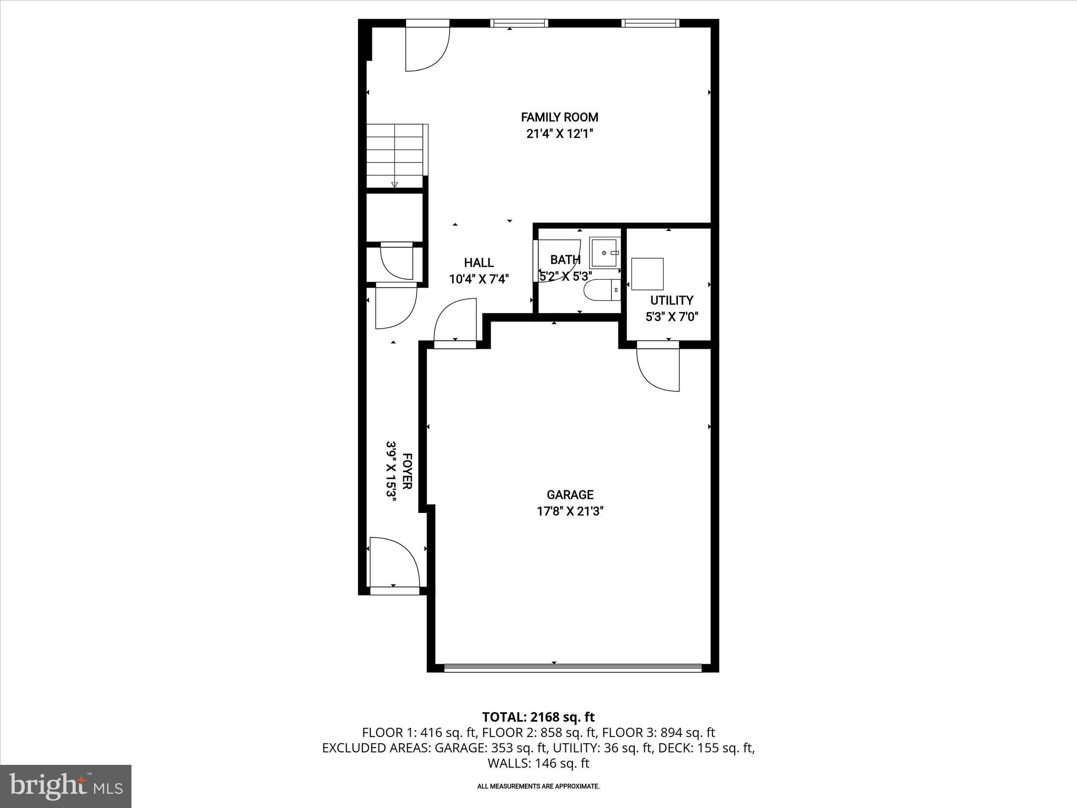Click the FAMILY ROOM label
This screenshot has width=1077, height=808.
(x=560, y=117)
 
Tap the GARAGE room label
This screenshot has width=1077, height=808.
(x=570, y=494)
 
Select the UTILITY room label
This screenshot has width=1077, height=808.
(x=672, y=300)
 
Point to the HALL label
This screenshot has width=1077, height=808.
(x=479, y=262)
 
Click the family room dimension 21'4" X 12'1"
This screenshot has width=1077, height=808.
(x=560, y=134)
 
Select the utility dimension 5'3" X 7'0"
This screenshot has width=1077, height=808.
(x=672, y=317)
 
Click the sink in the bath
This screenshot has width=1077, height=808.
(x=605, y=253)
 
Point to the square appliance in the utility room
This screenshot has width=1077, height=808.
(x=647, y=274)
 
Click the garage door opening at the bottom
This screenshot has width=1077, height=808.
(x=572, y=668)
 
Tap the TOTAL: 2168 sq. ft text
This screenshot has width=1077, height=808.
(x=538, y=717)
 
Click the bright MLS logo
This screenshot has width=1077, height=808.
(x=66, y=786)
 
